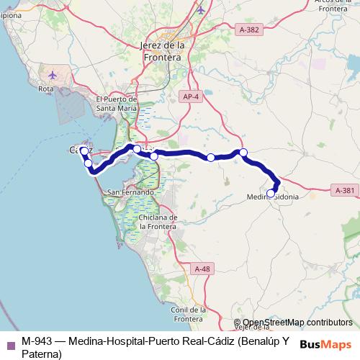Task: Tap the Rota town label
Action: pos(46,89)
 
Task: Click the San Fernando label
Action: pos(130,193)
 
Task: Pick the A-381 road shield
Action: pos(343,190)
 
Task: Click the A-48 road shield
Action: pos(202,268)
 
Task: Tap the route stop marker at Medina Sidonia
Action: pos(271,193)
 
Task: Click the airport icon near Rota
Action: pos(53,73)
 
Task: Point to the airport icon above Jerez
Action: pos(200,10)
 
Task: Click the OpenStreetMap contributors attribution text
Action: pos(297,323)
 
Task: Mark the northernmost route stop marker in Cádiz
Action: pos(84,150)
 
